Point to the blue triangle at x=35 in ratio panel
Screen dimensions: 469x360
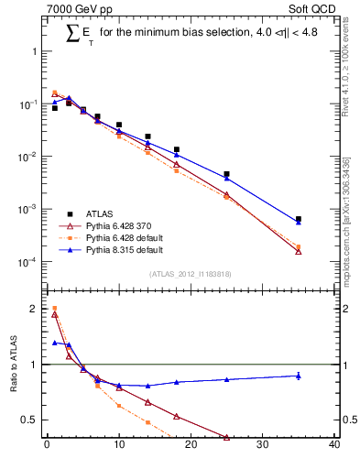click(299, 376)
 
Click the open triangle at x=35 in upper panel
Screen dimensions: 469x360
click(299, 251)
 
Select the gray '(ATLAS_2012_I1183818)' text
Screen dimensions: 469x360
click(191, 273)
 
